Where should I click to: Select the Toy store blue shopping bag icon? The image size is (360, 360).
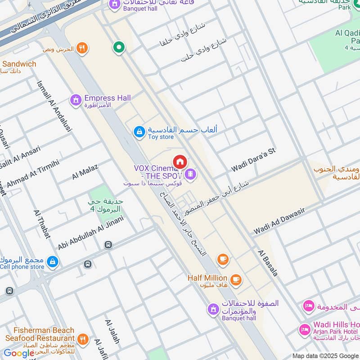click(x=139, y=131)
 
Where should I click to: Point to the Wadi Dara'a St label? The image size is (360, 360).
click(x=253, y=160)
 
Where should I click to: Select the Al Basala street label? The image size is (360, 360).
click(x=268, y=263)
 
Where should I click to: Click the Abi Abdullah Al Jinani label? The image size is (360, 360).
click(x=90, y=233)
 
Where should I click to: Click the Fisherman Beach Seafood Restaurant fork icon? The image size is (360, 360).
click(x=82, y=339)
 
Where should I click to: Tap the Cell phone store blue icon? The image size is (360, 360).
click(x=53, y=261)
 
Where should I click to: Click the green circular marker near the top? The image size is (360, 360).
click(x=119, y=46)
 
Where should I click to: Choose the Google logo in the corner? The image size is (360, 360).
click(x=19, y=353)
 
